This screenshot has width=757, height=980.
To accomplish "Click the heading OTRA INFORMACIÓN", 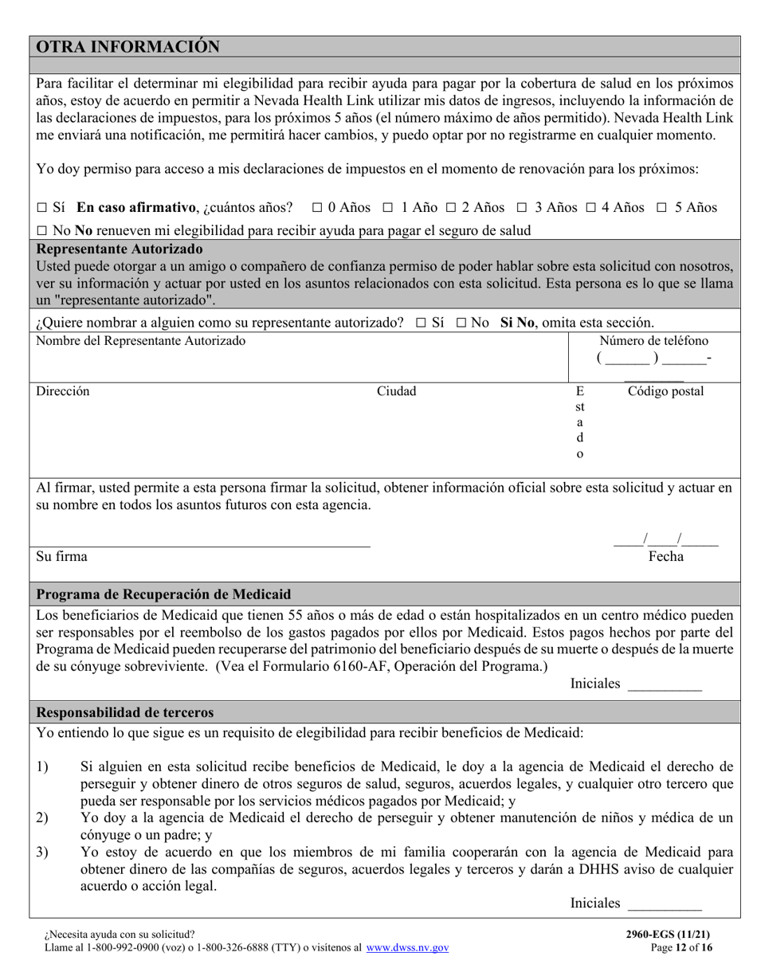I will pos(128,47).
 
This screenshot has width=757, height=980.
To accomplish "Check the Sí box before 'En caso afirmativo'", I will pos(42,208).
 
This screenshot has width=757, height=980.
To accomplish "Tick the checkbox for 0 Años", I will pos(317,208).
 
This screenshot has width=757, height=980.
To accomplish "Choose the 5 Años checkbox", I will pos(662,208).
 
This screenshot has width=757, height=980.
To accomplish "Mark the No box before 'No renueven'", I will pos(42,231).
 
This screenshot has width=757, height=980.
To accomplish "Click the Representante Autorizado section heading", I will pos(119,249).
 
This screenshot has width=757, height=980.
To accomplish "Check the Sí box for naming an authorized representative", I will pos(422,323).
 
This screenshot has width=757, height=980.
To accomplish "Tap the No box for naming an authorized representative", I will pos(461,323).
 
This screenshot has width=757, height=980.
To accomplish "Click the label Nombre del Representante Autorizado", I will pos(141,341).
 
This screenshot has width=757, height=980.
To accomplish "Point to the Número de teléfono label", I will pos(653,341).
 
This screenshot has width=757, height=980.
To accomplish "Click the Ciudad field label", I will pos(396,391).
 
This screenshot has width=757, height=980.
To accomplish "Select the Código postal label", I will pos(665,391).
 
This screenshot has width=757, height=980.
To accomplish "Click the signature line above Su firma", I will pos(203,544).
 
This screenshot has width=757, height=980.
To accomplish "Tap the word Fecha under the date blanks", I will pos(665,557).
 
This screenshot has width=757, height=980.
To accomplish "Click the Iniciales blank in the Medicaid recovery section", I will pos(665,684).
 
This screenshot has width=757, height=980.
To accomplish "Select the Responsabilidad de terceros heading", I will pos(125,712).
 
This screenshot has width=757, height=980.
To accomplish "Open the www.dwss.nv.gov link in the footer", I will pos(407,948).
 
